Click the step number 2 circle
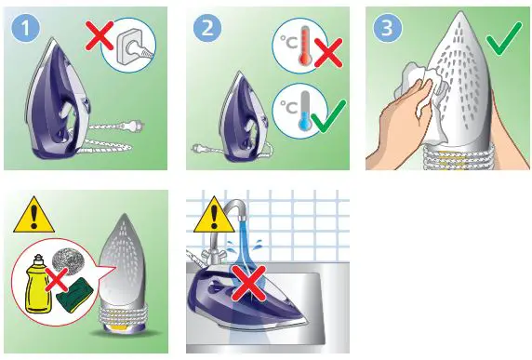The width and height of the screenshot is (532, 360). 207,29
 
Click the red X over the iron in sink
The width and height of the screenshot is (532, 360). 245,291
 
